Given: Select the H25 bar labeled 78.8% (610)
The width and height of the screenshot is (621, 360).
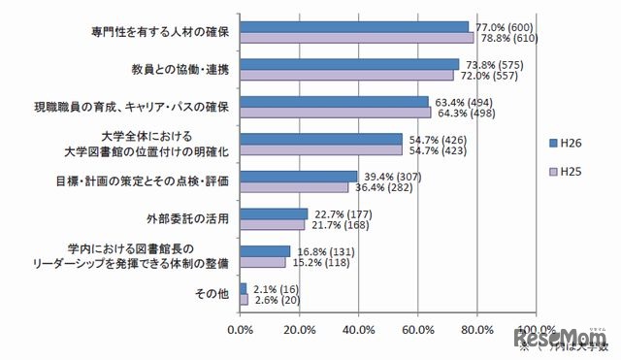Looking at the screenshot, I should [x=356, y=38].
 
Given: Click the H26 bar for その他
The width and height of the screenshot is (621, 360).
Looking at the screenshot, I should [x=243, y=288].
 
